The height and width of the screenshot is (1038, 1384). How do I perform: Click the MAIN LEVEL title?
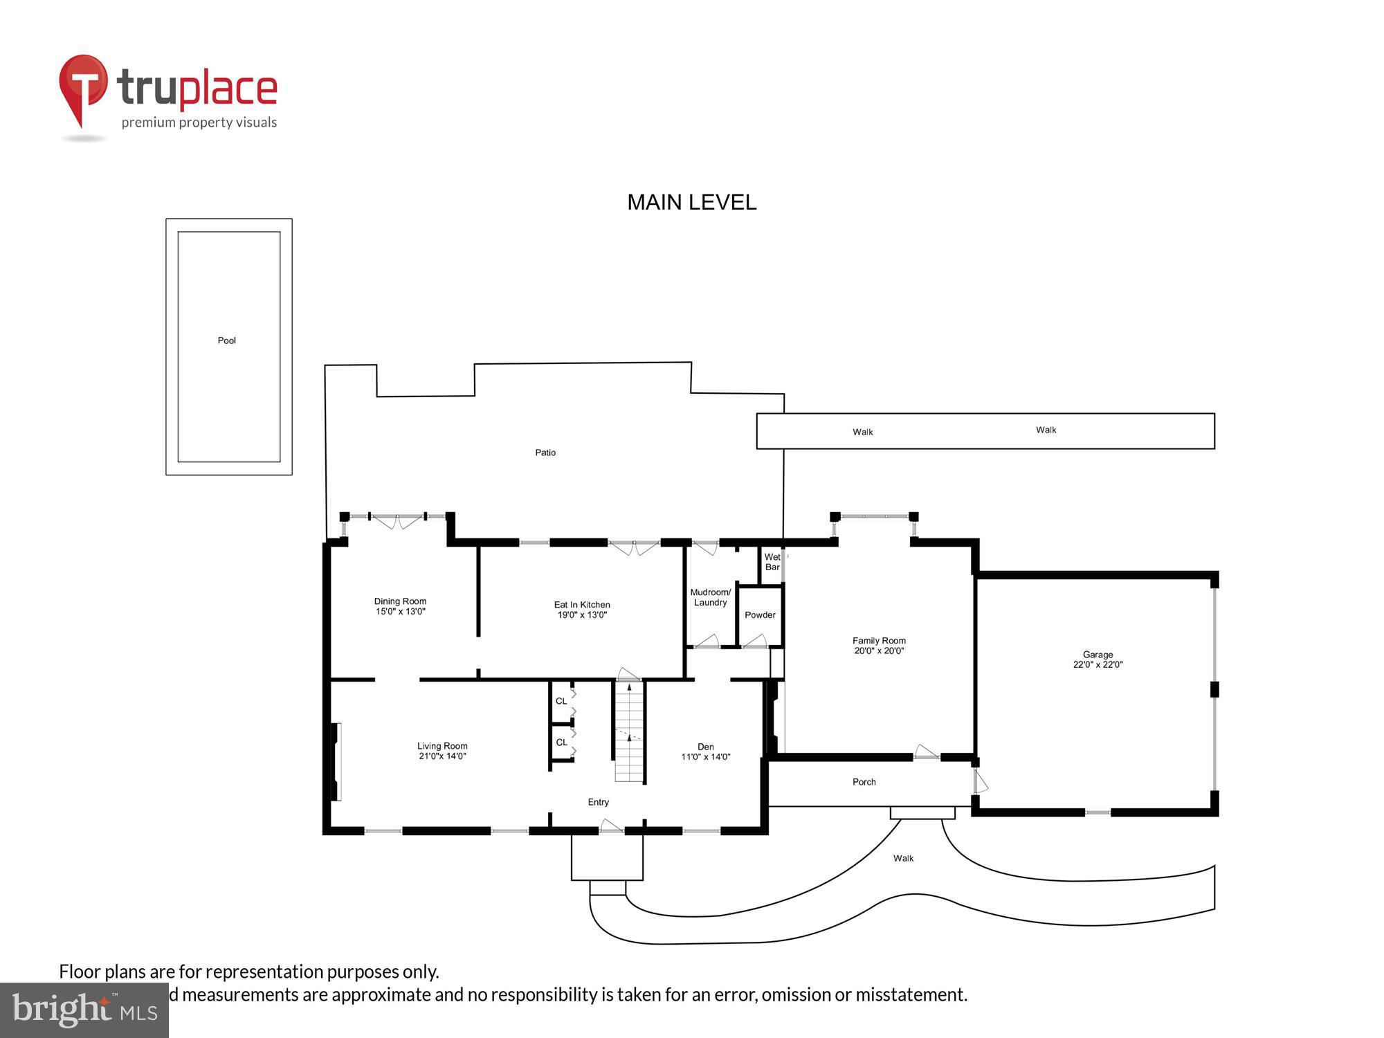pyautogui.click(x=691, y=202)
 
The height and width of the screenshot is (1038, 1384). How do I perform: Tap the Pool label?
pyautogui.click(x=227, y=340)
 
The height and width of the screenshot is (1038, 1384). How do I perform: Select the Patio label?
pyautogui.click(x=545, y=453)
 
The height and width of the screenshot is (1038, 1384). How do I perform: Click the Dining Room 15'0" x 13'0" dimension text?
pyautogui.click(x=400, y=612)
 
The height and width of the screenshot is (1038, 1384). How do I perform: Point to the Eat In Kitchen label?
pyautogui.click(x=582, y=605)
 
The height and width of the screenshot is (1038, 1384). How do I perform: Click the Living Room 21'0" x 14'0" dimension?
pyautogui.click(x=442, y=756)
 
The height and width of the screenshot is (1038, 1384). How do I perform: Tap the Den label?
pyautogui.click(x=706, y=747)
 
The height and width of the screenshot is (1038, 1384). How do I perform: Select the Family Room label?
pyautogui.click(x=879, y=641)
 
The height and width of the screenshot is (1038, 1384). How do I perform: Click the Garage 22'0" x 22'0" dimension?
pyautogui.click(x=1098, y=665)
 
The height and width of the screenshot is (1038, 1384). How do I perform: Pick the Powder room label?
pyautogui.click(x=760, y=615)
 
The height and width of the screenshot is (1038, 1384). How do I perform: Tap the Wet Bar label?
pyautogui.click(x=772, y=562)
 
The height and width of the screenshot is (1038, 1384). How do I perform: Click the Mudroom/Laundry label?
pyautogui.click(x=710, y=597)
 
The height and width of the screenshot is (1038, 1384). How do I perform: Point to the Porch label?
pyautogui.click(x=864, y=782)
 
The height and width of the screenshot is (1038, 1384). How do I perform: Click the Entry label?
pyautogui.click(x=598, y=802)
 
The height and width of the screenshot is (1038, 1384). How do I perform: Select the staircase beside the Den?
pyautogui.click(x=629, y=734)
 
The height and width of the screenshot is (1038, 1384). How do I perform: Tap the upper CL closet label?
pyautogui.click(x=561, y=701)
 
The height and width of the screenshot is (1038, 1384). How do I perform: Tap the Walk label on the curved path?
pyautogui.click(x=903, y=858)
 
